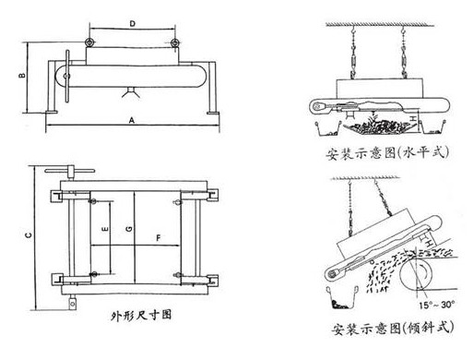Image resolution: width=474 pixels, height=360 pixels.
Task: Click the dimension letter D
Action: click(x=132, y=24)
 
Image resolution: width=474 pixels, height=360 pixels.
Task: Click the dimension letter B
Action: click(x=22, y=75)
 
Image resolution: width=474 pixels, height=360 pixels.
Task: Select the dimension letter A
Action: click(x=132, y=120)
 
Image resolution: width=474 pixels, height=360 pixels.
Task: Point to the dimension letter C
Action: click(x=29, y=235)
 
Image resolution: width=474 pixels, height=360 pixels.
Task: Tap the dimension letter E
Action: click(x=105, y=229)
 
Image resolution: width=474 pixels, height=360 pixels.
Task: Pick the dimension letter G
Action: click(x=129, y=229)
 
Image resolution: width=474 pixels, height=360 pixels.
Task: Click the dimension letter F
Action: click(x=159, y=238)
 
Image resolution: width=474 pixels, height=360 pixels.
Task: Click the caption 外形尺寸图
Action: click(x=141, y=315)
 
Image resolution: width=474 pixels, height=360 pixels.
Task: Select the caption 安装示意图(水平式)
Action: click(x=387, y=152)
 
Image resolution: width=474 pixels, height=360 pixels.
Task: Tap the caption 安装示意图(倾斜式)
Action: click(x=393, y=328)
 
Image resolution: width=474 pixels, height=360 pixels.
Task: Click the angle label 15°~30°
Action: click(x=437, y=305)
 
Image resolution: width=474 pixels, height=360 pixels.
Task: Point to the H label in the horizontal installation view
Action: click(x=413, y=118)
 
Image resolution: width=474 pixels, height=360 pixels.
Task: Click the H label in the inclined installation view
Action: click(x=429, y=244)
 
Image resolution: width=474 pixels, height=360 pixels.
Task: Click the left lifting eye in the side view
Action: click(x=89, y=42)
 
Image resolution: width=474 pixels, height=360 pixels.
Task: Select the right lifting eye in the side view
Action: click(x=174, y=42)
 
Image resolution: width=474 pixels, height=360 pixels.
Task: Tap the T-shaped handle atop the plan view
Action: click(x=70, y=172)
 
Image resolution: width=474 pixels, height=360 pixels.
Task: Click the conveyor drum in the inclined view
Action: click(x=416, y=274)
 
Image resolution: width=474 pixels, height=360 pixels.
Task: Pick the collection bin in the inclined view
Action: click(x=342, y=297)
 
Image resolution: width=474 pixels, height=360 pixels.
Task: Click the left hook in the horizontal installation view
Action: click(x=353, y=30)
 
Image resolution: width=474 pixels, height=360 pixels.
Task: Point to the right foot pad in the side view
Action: click(x=213, y=113)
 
